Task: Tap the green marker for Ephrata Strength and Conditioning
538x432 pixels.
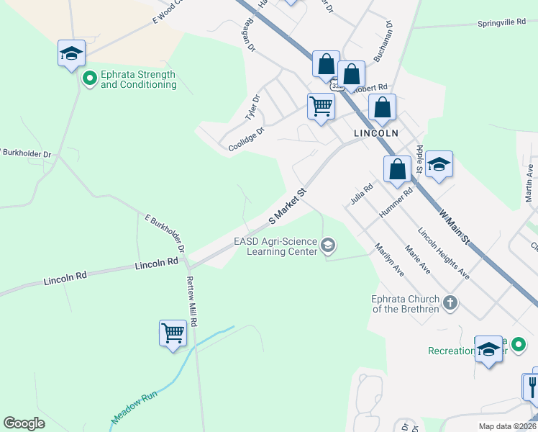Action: click(x=90, y=77)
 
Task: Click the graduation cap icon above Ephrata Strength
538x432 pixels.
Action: click(x=72, y=54)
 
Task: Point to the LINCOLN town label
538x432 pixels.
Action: click(x=375, y=134)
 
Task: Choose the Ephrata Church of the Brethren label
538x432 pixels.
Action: click(x=400, y=303)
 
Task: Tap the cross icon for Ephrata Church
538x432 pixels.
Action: click(x=450, y=302)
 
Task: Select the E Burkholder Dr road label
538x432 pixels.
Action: click(x=165, y=232)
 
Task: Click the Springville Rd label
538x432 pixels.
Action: click(x=502, y=23)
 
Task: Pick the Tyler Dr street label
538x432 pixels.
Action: click(x=252, y=107)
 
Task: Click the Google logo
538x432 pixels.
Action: click(x=24, y=423)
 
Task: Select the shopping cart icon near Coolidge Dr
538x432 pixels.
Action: click(x=321, y=107)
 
